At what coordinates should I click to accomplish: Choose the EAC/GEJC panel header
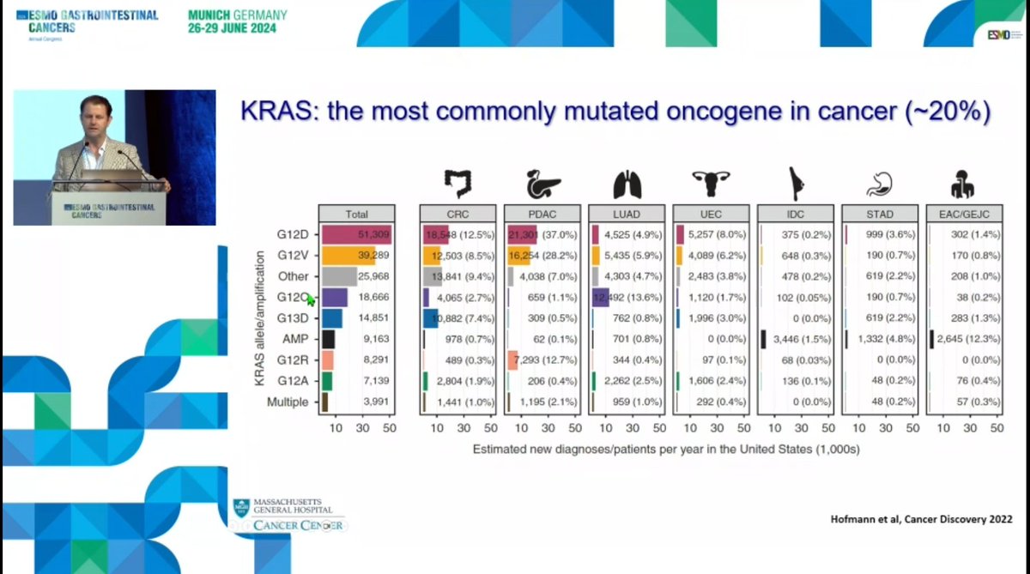[x=967, y=214]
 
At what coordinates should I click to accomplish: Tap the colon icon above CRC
[x=457, y=184]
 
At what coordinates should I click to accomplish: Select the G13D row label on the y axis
[x=293, y=318]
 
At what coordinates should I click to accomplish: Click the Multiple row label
[x=288, y=402]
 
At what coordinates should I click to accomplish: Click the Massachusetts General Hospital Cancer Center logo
[x=289, y=515]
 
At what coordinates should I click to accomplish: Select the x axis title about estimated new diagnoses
[x=666, y=449]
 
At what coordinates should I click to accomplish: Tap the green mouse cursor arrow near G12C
[x=311, y=299]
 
